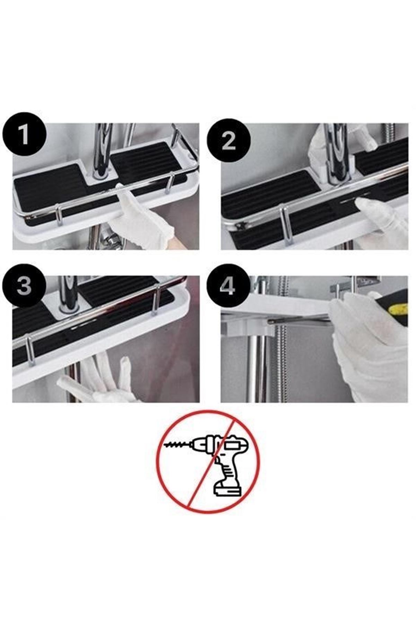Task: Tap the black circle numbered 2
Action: (x=228, y=141)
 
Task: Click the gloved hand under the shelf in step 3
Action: (x=101, y=381)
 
